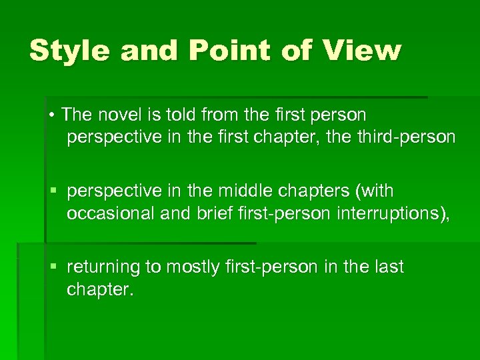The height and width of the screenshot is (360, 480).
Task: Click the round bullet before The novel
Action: (51, 115)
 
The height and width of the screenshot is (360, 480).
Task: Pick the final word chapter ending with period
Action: (100, 289)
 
